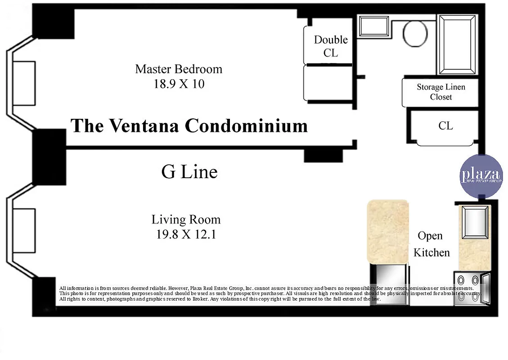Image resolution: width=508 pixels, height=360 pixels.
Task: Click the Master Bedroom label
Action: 179,69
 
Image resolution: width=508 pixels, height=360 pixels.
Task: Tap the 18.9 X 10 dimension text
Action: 179,84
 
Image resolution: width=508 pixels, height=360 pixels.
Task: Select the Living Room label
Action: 186,220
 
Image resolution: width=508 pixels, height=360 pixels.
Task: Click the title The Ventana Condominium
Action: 189,126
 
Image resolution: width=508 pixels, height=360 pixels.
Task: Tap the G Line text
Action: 189,171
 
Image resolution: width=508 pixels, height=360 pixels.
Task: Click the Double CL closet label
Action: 331,46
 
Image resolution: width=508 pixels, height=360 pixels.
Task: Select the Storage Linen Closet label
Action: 441,92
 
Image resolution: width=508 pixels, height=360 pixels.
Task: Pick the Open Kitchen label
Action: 431,244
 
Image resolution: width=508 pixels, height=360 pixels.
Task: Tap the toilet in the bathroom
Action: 414,33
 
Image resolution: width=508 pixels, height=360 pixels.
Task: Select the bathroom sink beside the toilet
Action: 373,27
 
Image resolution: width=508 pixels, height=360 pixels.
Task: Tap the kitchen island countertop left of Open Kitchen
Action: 388,231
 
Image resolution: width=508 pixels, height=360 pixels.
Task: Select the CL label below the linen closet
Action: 445,126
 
